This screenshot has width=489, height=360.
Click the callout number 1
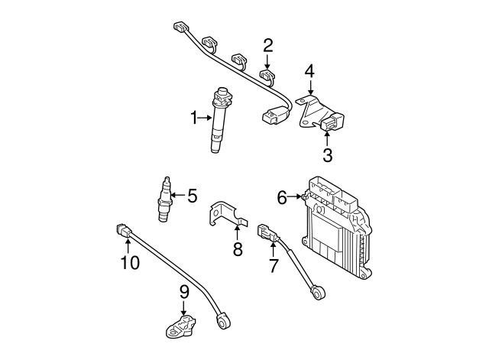click(195, 117)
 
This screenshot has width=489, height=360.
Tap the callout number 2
click(268, 45)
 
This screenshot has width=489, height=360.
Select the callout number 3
click(327, 156)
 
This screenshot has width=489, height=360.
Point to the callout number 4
click(309, 72)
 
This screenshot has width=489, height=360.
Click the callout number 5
click(192, 196)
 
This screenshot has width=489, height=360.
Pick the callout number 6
click(282, 197)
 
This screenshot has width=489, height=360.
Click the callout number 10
click(130, 263)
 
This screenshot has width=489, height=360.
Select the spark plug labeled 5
click(162, 201)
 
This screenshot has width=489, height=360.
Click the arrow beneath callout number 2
click(268, 63)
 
